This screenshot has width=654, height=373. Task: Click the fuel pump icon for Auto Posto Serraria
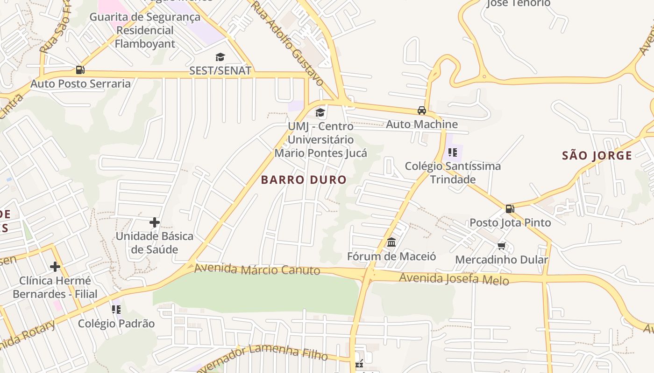pos(80,70)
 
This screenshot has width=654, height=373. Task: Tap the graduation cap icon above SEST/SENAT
pos(220,57)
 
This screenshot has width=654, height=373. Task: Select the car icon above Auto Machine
pos(422,111)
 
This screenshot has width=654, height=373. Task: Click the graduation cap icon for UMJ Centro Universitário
pos(320,112)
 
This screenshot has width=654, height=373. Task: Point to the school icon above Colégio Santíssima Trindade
pos(452,152)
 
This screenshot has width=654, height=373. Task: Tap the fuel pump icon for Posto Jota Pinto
pos(510,209)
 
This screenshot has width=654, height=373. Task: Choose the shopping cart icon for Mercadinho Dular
pos(502,246)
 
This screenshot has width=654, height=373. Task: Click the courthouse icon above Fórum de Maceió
pos(391,242)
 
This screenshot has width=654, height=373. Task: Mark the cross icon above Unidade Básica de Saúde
pos(155,222)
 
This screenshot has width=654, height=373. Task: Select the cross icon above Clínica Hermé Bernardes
pos(55,267)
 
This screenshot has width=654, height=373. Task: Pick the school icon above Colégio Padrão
pos(116,309)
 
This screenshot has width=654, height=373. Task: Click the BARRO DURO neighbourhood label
pos(304,180)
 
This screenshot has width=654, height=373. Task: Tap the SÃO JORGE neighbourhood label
pos(597,156)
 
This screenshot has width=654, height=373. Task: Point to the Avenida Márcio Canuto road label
pos(257,269)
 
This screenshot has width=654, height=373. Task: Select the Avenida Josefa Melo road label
pos(454,278)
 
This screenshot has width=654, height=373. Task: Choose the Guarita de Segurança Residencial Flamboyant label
pos(145,30)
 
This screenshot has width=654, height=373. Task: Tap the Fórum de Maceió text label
pos(391,256)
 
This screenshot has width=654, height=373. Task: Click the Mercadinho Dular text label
pos(501,260)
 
